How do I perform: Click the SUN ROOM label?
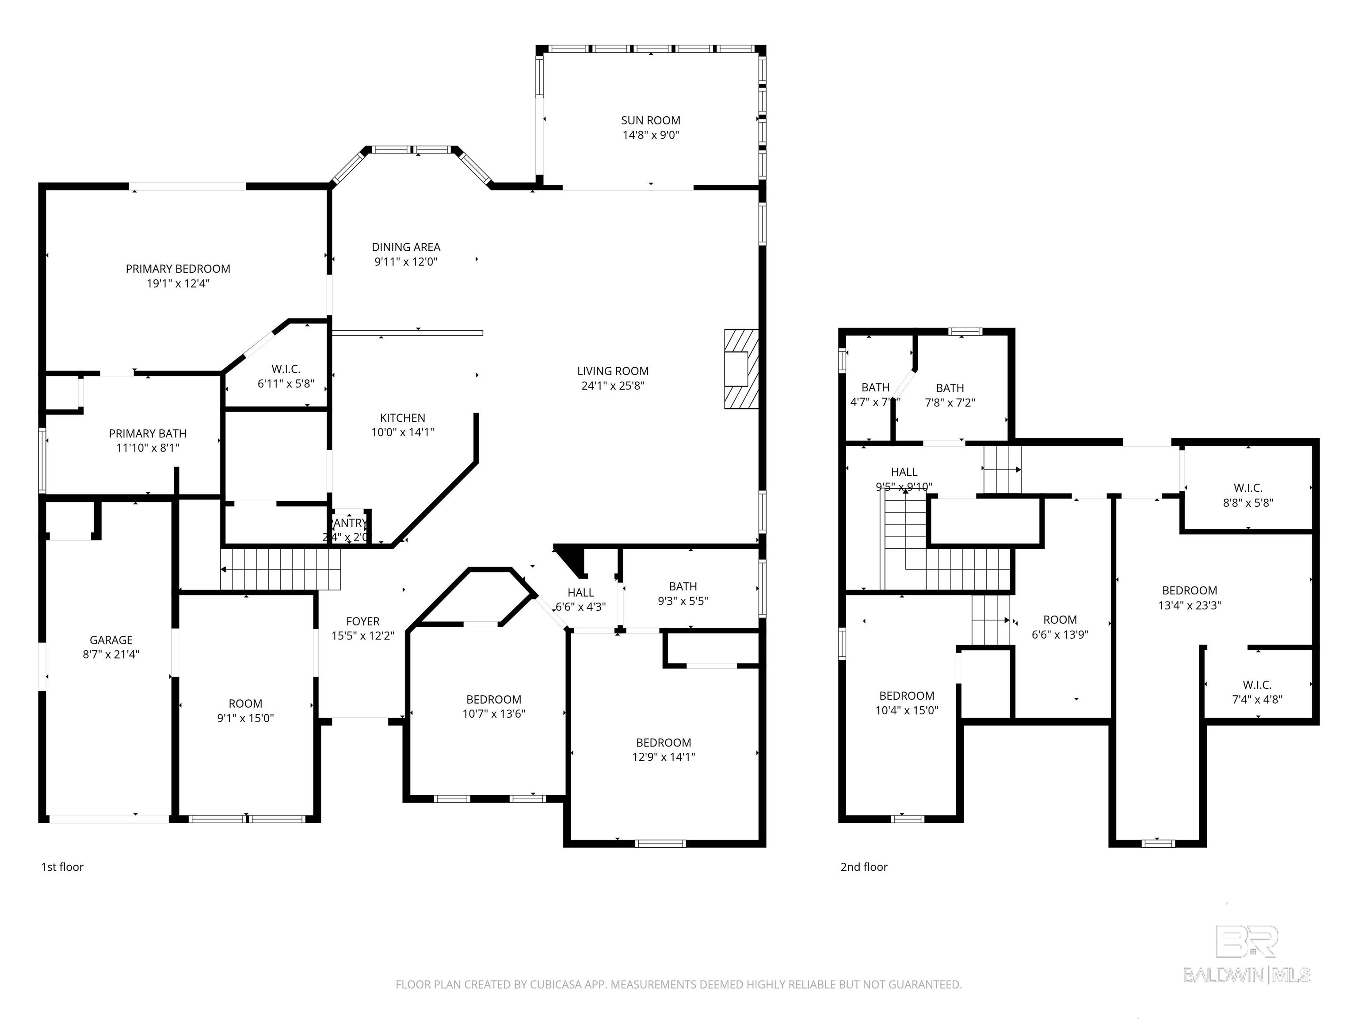point(650,120)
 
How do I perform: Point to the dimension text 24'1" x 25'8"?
point(612,386)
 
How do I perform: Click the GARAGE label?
point(111,640)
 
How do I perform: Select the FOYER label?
point(363,621)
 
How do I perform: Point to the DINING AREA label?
point(406,247)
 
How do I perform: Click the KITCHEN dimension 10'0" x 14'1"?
point(402,432)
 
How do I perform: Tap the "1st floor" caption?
point(62,867)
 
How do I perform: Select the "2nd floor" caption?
point(864,867)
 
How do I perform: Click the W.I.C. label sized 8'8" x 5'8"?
point(1247,488)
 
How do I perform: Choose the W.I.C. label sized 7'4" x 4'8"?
point(1257,684)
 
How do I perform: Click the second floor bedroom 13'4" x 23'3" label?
point(1189,590)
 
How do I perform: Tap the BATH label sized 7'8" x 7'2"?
point(950,387)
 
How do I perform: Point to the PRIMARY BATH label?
point(147,433)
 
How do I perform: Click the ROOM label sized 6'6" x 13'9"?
point(1060,620)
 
